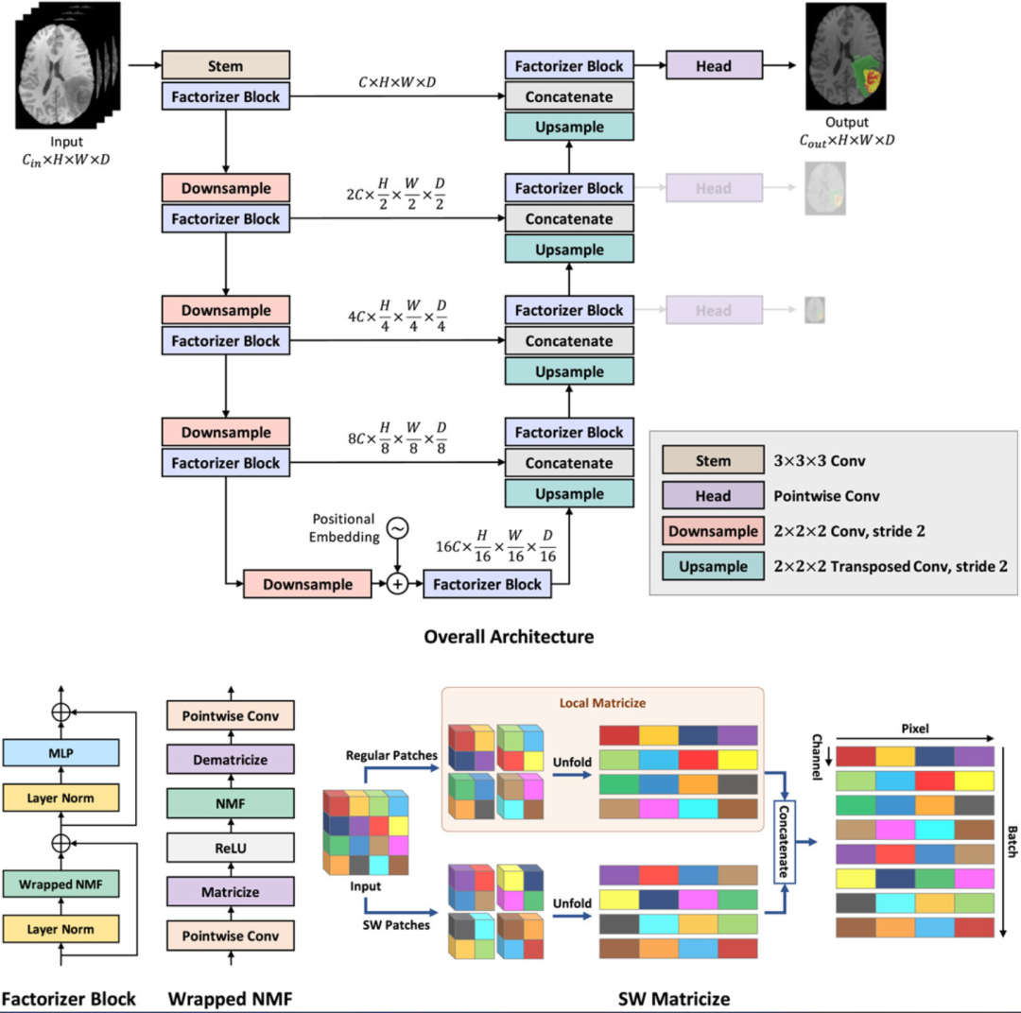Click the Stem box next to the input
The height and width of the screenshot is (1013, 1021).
[x=225, y=66]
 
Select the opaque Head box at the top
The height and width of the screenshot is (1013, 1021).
[x=714, y=66]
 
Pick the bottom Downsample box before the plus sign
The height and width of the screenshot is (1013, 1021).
[x=307, y=584]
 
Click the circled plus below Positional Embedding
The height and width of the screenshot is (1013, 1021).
[x=398, y=584]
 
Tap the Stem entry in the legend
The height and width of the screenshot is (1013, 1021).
[x=713, y=461]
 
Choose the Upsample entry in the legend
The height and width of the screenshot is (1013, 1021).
[x=713, y=566]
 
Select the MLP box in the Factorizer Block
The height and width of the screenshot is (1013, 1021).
[x=61, y=752]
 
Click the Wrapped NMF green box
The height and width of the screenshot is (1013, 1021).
[x=61, y=884]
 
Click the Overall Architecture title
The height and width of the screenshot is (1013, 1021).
[x=510, y=636]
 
